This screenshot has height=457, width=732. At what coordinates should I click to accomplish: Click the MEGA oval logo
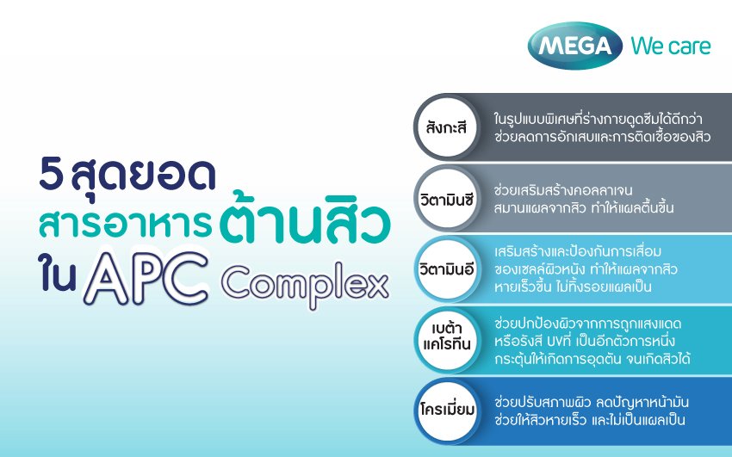pyautogui.click(x=574, y=46)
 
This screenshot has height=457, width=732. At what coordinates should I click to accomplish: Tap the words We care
pyautogui.click(x=670, y=46)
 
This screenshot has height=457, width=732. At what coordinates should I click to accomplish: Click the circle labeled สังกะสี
pyautogui.click(x=447, y=127)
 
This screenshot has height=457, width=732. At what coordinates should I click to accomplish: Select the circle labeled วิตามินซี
pyautogui.click(x=447, y=199)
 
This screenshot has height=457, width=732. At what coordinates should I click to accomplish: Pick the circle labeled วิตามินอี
pyautogui.click(x=447, y=269)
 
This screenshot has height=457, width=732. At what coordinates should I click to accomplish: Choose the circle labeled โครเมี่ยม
pyautogui.click(x=447, y=411)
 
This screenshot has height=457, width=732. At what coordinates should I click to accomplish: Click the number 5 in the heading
pyautogui.click(x=51, y=175)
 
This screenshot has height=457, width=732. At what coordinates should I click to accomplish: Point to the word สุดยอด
pyautogui.click(x=143, y=177)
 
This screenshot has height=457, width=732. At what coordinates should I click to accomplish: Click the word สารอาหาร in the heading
pyautogui.click(x=125, y=224)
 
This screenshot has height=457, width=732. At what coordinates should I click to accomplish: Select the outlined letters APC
pyautogui.click(x=146, y=278)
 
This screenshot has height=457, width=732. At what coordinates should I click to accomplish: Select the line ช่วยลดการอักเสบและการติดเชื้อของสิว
pyautogui.click(x=602, y=137)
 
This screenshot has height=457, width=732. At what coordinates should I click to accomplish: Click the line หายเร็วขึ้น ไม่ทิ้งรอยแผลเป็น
pyautogui.click(x=573, y=287)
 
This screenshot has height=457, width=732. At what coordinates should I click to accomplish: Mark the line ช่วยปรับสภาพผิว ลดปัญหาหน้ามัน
pyautogui.click(x=592, y=402)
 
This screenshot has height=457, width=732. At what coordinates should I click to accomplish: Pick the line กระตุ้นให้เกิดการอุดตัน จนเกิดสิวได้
pyautogui.click(x=592, y=360)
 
